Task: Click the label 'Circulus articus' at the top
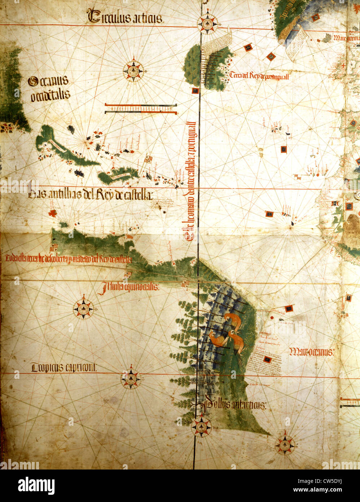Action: tap(125, 17)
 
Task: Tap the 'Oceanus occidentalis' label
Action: tap(49, 88)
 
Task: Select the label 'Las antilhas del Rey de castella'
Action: tap(90, 195)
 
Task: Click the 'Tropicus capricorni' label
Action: tap(64, 368)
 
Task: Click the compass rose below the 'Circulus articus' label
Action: tap(134, 70)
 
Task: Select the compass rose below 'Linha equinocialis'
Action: tap(83, 309)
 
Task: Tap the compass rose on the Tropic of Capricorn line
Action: tap(130, 378)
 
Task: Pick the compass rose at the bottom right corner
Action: tap(285, 445)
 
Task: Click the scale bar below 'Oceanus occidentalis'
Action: tap(141, 109)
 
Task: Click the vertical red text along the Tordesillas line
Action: tap(190, 181)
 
